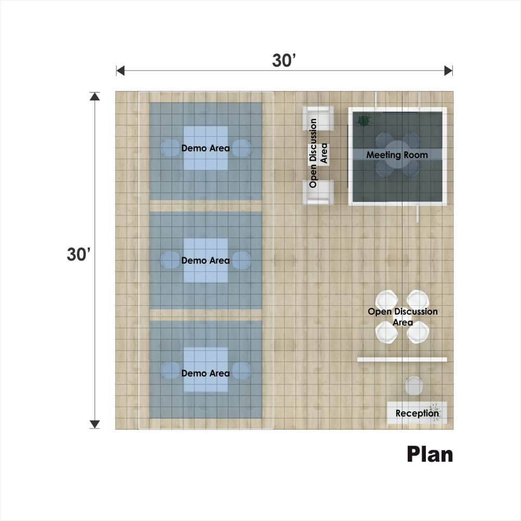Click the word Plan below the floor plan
coord(429,454)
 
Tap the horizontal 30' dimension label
coord(284,60)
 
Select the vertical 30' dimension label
coord(79,254)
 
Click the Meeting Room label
coord(397,155)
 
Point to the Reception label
coord(417,413)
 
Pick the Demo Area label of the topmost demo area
coord(205,148)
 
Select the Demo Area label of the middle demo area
coord(205,260)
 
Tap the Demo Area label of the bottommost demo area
coord(205,373)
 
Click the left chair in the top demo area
coord(171,148)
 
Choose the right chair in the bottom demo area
coord(241,370)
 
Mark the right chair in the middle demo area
coord(241,260)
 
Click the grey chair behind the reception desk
coord(414,386)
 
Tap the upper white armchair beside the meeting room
coord(318,118)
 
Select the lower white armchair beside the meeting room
coord(318,192)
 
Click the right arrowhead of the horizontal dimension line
coord(449,70)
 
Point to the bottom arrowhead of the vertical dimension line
coord(95,424)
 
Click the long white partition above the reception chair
coord(402,359)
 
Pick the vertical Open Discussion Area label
coord(318,153)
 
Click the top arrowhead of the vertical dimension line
coord(95,96)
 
